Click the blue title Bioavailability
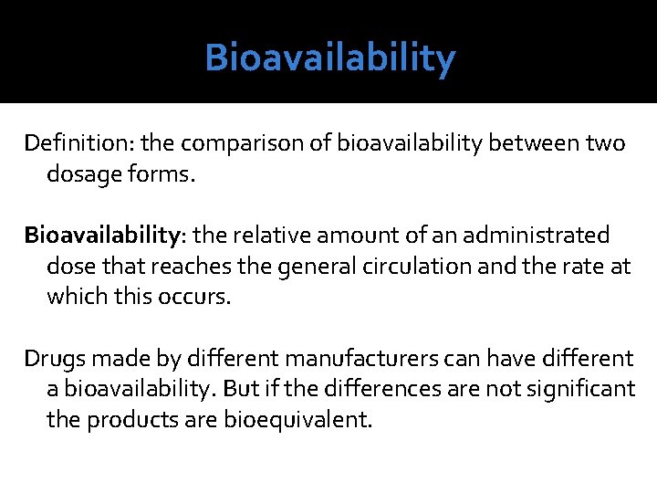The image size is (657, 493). point(329,58)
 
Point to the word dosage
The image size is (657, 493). point(81,174)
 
